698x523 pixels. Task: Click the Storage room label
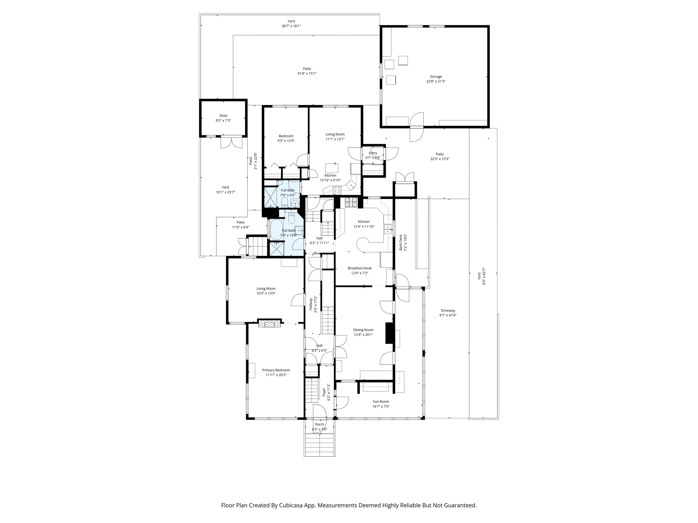[436, 76]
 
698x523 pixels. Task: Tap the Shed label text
[223, 116]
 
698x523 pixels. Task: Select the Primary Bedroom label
[276, 370]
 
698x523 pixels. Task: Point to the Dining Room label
[363, 330]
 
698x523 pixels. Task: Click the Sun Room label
[381, 401]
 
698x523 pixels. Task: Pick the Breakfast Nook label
[360, 268]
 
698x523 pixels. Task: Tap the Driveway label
[448, 311]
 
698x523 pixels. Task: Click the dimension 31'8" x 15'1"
[307, 74]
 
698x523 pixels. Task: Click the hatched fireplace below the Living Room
[269, 323]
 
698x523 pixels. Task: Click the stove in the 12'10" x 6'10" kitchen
[337, 190]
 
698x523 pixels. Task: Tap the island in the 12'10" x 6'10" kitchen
[332, 167]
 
